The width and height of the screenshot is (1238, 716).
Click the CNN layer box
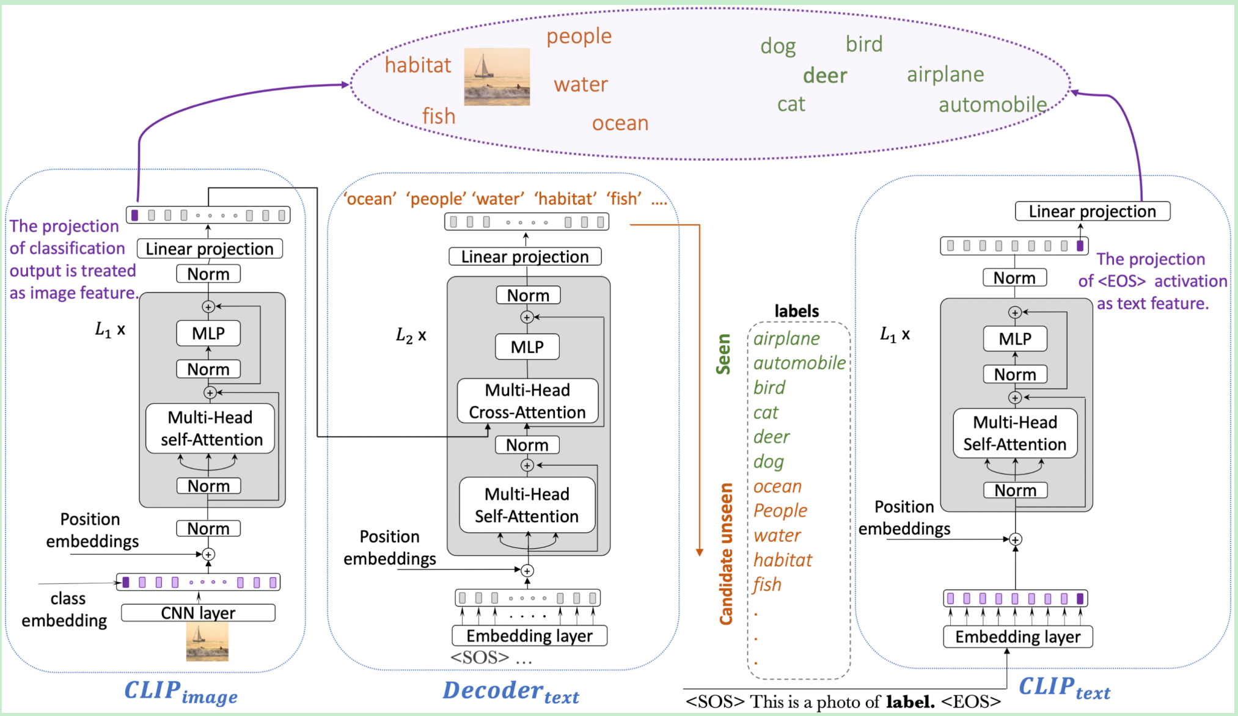tap(198, 613)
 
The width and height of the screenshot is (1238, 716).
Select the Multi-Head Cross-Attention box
tap(527, 401)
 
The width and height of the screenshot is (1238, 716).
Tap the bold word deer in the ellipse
tap(825, 76)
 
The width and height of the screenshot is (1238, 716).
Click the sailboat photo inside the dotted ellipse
tap(497, 77)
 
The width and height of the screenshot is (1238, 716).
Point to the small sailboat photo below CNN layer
tap(207, 643)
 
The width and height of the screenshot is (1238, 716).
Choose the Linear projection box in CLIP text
tap(1092, 211)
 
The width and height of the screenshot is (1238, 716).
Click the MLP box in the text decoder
tap(527, 347)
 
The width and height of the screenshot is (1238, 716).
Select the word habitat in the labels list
tap(783, 560)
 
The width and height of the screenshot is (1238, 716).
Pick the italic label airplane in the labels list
tap(786, 338)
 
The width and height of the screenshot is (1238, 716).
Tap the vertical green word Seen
tap(723, 354)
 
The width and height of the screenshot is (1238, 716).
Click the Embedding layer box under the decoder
tap(529, 636)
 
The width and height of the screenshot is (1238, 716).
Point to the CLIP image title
tap(181, 692)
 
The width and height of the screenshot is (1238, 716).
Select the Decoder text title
tap(511, 692)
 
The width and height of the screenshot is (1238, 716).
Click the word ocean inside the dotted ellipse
tap(620, 123)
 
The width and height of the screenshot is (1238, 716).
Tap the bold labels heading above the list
tap(796, 311)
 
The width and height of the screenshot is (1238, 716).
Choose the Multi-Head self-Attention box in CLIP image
tap(210, 428)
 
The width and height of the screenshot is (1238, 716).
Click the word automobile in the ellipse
tap(992, 105)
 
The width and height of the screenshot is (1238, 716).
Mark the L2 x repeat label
tap(411, 335)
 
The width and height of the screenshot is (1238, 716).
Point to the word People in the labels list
tap(780, 510)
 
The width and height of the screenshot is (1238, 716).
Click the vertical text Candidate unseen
tap(725, 554)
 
